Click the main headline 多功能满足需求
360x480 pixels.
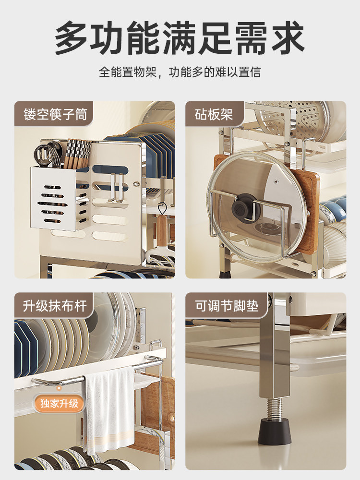click(x=180, y=37)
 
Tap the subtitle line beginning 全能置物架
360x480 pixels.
click(x=180, y=72)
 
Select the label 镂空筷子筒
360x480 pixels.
click(x=55, y=114)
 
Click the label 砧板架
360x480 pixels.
click(x=214, y=114)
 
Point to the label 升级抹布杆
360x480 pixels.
click(x=55, y=306)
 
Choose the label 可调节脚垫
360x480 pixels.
click(x=227, y=306)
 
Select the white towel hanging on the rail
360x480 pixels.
click(x=109, y=411)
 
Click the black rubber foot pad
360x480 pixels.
click(x=274, y=432)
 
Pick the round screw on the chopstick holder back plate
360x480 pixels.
click(x=136, y=184)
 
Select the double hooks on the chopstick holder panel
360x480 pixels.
click(x=117, y=188)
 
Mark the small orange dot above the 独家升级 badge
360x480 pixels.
click(x=59, y=388)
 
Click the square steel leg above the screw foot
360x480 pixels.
click(x=275, y=346)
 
